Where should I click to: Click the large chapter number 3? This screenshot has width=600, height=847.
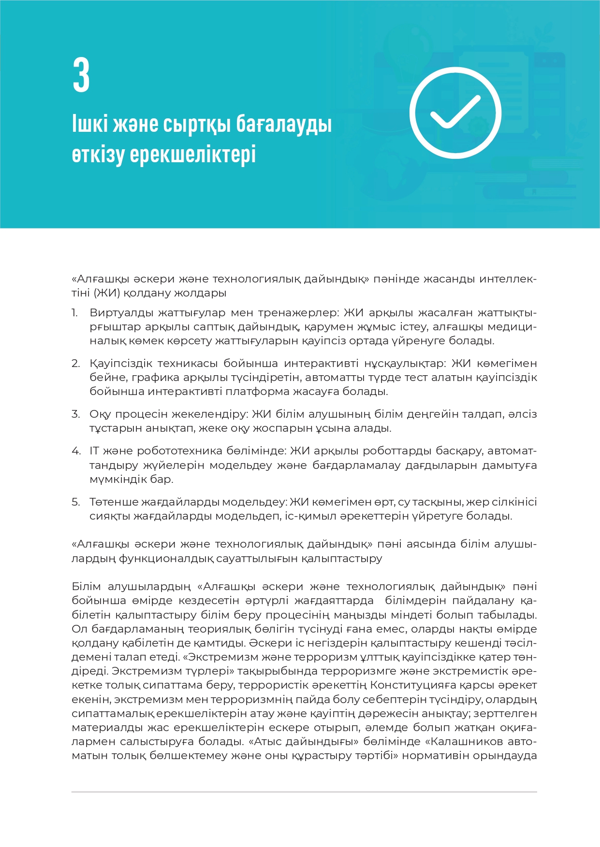point(81,75)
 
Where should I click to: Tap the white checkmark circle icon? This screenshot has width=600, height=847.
point(455,113)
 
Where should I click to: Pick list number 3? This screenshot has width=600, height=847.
point(75,414)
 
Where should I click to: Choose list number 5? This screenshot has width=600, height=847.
point(75,502)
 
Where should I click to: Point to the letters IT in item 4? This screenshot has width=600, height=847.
point(94,451)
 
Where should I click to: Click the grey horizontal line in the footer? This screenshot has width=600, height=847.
point(304,792)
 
